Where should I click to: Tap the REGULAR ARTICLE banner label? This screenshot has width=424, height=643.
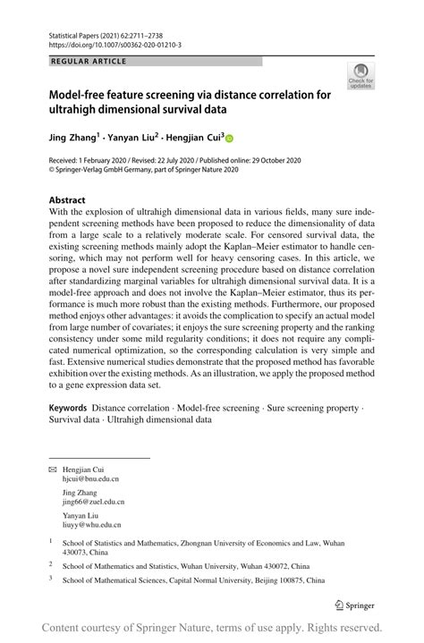[x=89, y=62]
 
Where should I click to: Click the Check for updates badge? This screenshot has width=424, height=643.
[x=362, y=76]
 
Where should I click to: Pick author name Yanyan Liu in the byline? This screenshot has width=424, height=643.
[x=132, y=139]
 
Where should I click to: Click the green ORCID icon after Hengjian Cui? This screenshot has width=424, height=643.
[x=228, y=140]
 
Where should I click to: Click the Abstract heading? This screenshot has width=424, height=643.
[x=67, y=199]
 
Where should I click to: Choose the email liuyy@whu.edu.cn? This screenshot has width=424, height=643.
[x=91, y=526]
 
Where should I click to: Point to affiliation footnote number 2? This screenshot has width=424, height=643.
[x=50, y=564]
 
